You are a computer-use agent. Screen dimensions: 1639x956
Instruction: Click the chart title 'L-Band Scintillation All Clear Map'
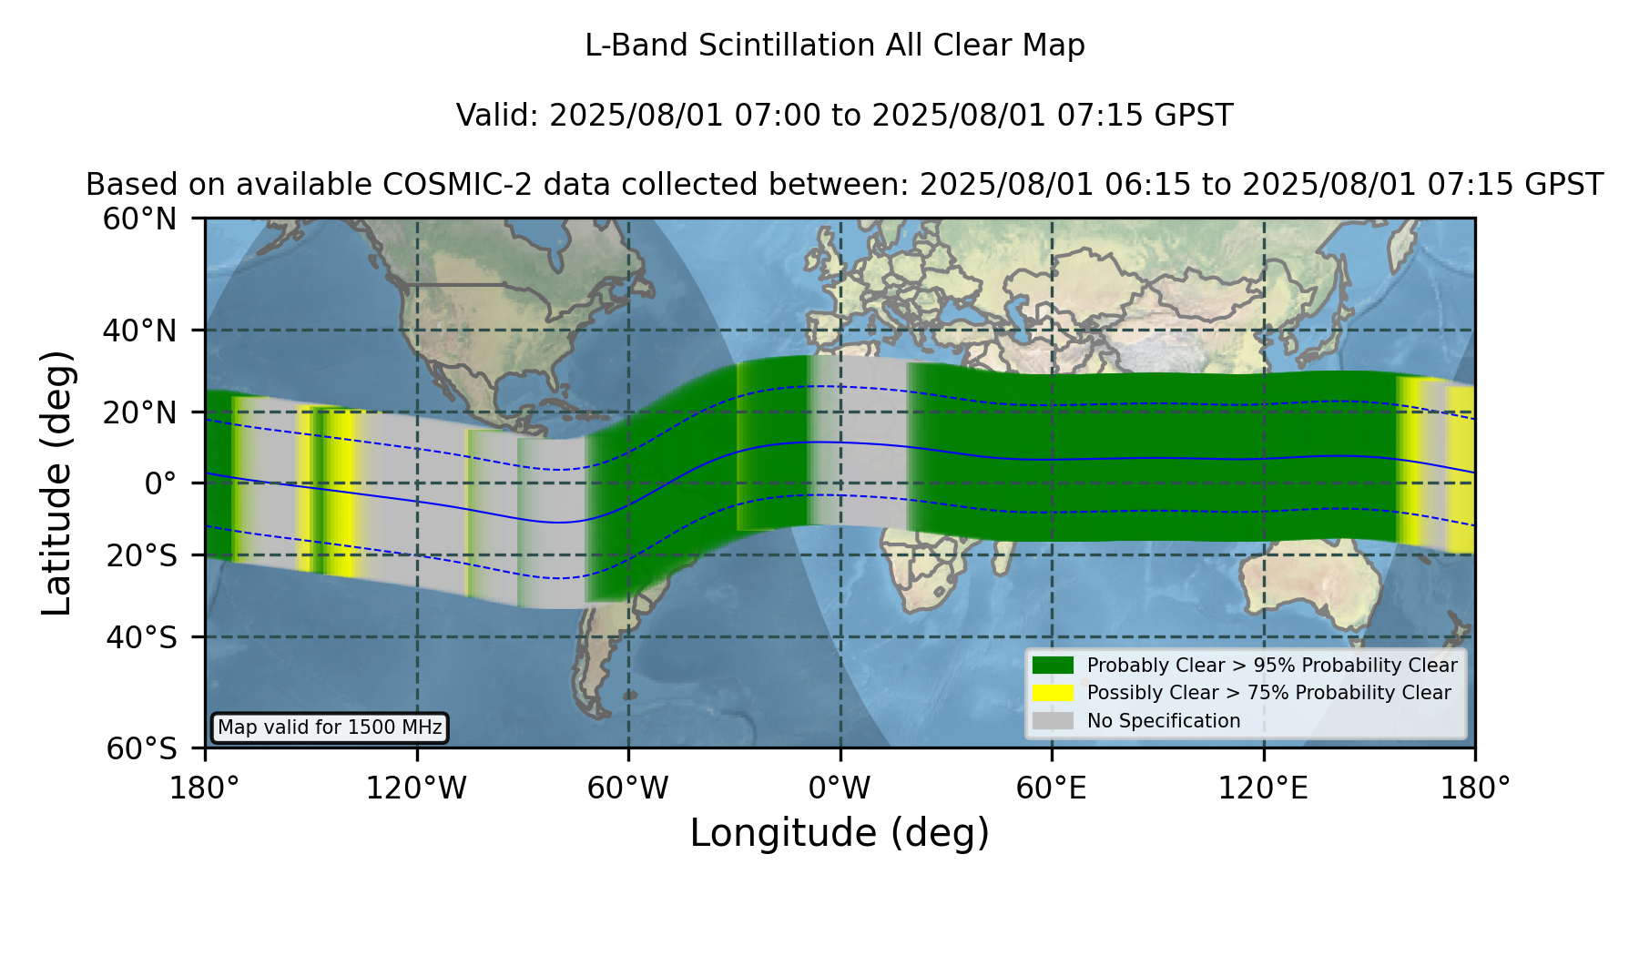pos(834,46)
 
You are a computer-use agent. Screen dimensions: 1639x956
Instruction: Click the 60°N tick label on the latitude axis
pos(139,219)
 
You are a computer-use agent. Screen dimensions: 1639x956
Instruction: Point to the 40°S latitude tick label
pos(141,637)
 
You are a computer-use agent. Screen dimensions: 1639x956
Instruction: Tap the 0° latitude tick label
pos(160,483)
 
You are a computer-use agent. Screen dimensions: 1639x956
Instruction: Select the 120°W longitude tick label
pos(416,788)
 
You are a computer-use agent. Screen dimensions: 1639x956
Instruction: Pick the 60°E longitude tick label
pos(1052,788)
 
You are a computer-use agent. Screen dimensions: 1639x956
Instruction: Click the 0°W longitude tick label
pos(840,788)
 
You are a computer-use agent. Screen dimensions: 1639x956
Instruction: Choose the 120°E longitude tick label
pos(1263,788)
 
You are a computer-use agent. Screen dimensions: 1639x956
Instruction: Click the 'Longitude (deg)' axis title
pos(840,833)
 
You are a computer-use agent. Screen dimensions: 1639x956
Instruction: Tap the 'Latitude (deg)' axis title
pos(56,483)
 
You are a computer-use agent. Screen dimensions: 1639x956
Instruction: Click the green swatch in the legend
pos(1053,665)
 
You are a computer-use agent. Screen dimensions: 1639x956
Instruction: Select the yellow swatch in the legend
pos(1053,693)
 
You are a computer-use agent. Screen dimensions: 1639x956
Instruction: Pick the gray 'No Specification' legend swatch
pos(1053,721)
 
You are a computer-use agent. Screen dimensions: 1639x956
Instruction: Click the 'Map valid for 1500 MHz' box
pos(330,727)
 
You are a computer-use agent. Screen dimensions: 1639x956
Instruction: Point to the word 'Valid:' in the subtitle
pos(498,116)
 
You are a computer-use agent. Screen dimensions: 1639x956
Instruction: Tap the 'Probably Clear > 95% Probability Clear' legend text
pos(1272,666)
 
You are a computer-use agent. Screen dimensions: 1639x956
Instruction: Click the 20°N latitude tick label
pos(139,412)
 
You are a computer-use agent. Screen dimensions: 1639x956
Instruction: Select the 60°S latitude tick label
pos(141,748)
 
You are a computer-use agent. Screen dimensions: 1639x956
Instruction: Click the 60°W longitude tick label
pos(628,788)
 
